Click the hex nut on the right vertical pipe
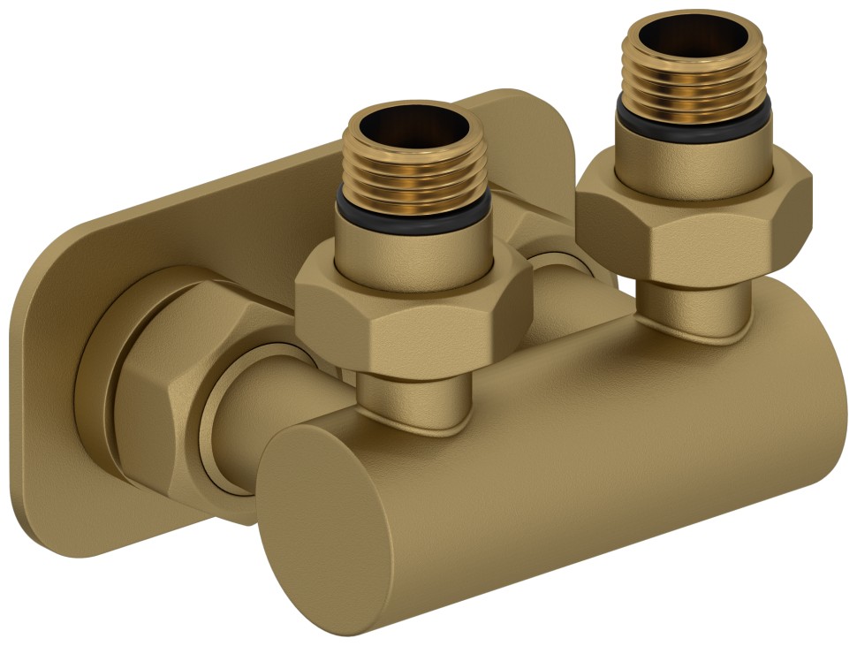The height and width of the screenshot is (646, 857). (x=694, y=221)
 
